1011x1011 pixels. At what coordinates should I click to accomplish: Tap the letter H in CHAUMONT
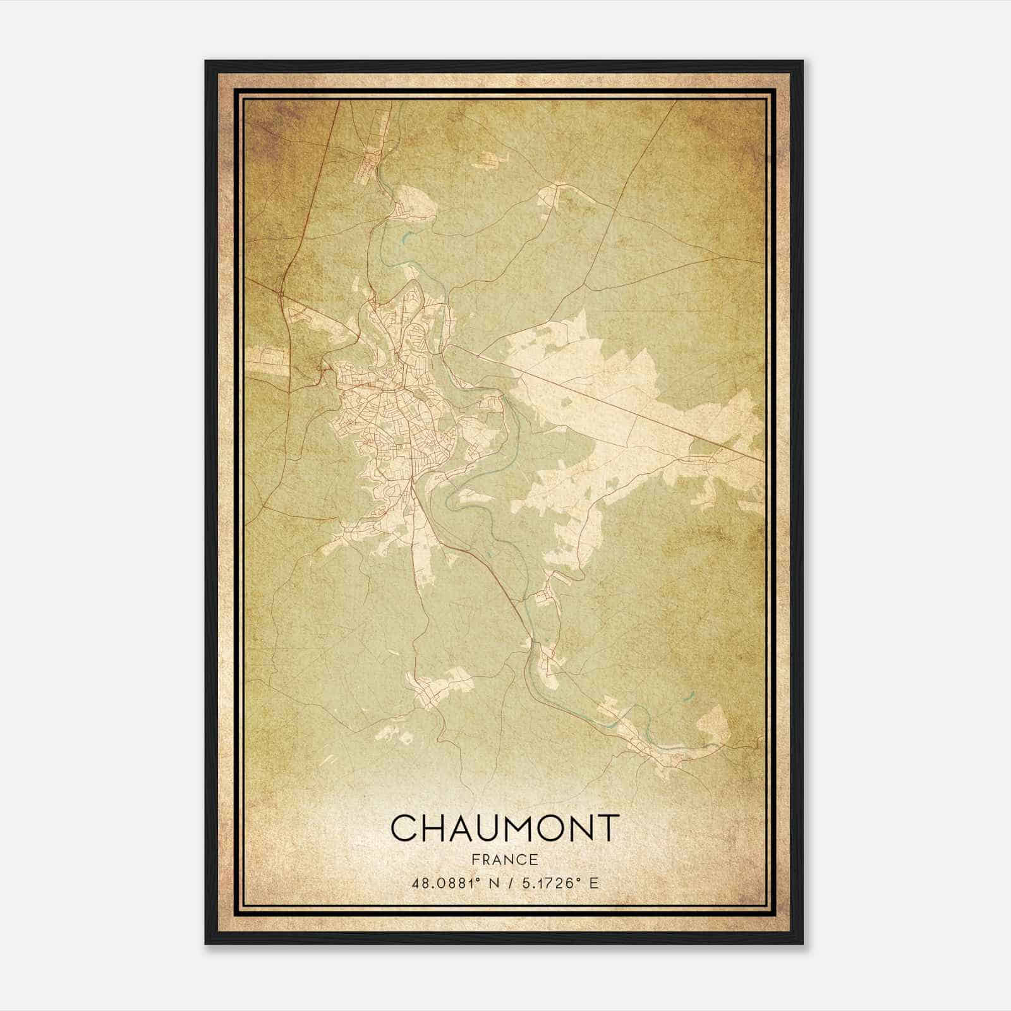(435, 828)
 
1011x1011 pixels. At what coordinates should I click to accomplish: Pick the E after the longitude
(592, 883)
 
